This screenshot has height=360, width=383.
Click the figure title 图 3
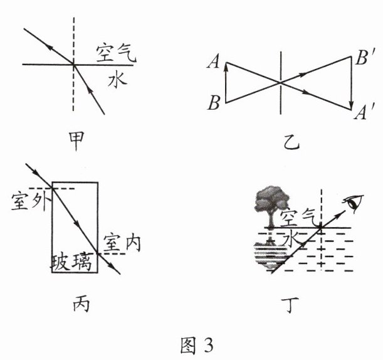point(191,344)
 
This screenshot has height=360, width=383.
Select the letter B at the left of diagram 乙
point(214,103)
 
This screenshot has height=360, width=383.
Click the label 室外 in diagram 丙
point(28,203)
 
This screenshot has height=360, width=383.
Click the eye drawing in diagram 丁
point(355,202)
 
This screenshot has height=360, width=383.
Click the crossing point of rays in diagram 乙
point(280,82)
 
